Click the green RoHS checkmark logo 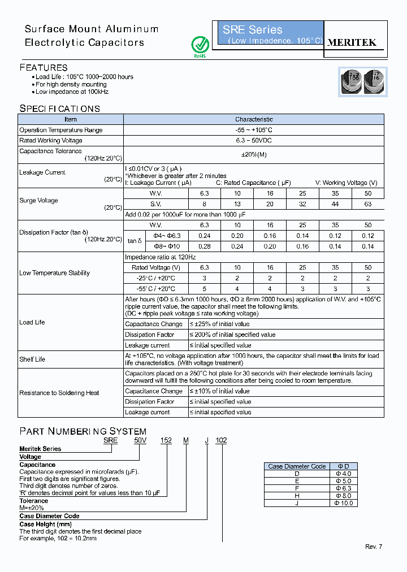[x=200, y=45]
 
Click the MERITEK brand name [x=352, y=42]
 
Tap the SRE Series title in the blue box [x=252, y=30]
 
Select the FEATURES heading [x=44, y=67]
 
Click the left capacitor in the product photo [x=350, y=81]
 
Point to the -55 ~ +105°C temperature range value [x=254, y=130]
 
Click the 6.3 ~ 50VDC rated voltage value [x=254, y=141]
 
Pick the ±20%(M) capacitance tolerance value [x=254, y=155]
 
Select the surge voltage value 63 [x=368, y=204]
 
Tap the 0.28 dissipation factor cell [x=205, y=246]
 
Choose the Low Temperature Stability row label [x=54, y=273]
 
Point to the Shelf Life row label [x=32, y=359]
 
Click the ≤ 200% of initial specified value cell [x=232, y=335]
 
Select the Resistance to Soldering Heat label [x=59, y=393]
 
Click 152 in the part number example [x=167, y=440]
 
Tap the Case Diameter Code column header [x=297, y=466]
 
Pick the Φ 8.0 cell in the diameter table [x=343, y=496]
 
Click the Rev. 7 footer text [x=374, y=547]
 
